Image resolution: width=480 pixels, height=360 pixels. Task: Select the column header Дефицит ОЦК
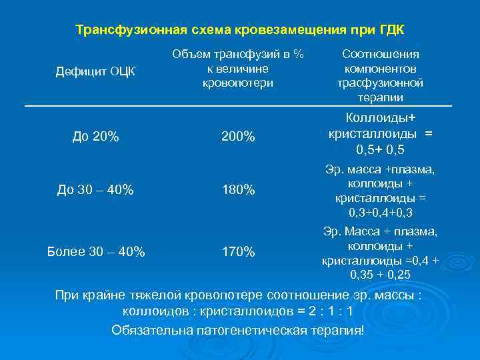[95, 71]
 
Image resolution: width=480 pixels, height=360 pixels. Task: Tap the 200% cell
[238, 137]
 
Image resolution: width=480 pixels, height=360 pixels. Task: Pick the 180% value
[238, 190]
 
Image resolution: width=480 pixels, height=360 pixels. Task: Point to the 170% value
[238, 252]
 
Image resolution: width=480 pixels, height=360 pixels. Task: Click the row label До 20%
[95, 137]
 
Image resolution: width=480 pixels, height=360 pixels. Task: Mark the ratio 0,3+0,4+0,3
[380, 213]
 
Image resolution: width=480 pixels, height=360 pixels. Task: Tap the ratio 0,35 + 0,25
[380, 274]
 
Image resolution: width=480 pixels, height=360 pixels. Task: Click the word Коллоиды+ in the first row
[380, 118]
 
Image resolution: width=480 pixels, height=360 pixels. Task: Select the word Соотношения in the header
[380, 54]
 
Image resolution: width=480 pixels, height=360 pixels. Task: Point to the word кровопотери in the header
[238, 83]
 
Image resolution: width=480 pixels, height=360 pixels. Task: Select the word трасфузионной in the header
[380, 83]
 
